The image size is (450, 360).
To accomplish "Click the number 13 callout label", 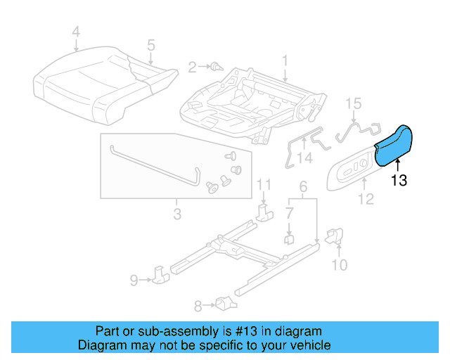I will tap(399, 181).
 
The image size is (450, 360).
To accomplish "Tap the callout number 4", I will tap(76, 31).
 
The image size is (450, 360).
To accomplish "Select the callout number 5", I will tap(150, 45).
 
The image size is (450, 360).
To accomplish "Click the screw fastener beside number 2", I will tap(216, 67).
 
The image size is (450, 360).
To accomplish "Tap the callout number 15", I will tap(353, 103).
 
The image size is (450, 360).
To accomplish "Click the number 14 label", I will tap(304, 159).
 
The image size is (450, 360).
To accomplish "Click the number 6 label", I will tap(303, 187).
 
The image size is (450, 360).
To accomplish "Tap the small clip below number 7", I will tap(288, 240).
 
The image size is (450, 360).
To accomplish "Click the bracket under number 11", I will tap(264, 212).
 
